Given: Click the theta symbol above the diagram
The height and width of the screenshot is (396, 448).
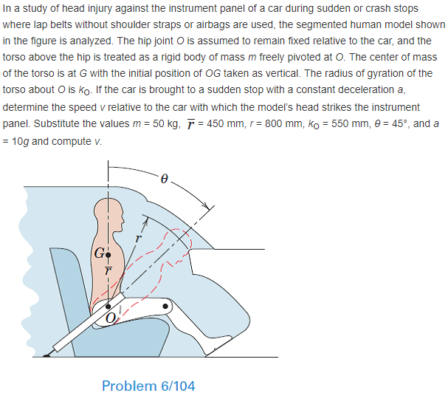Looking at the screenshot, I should (165, 178).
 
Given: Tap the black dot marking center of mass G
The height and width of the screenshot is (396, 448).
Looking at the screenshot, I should (108, 255).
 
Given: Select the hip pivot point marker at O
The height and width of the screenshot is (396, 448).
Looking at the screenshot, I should (109, 304).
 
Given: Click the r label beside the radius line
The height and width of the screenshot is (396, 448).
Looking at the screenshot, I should (137, 239).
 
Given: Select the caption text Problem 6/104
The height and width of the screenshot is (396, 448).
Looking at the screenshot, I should (148, 385).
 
